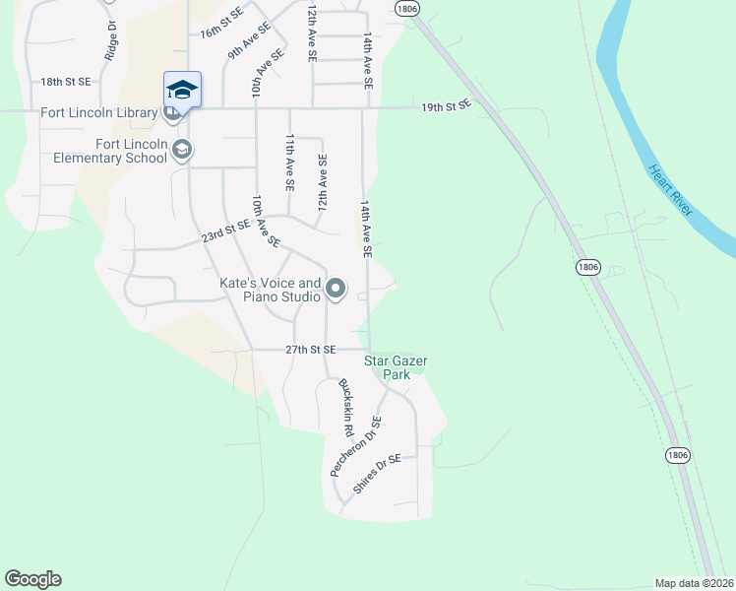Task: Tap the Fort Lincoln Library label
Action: (x=98, y=112)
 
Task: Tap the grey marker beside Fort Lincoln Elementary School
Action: (x=181, y=150)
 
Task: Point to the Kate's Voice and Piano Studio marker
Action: (x=336, y=289)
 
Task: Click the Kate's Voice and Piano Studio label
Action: (x=269, y=290)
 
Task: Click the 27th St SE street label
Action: (x=311, y=350)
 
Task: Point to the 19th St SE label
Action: (x=447, y=103)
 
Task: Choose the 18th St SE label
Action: (x=66, y=82)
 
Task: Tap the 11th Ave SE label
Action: (x=289, y=163)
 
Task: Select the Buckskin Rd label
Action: (x=345, y=407)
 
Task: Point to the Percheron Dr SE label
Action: (x=355, y=446)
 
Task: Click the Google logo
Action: (x=33, y=579)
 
